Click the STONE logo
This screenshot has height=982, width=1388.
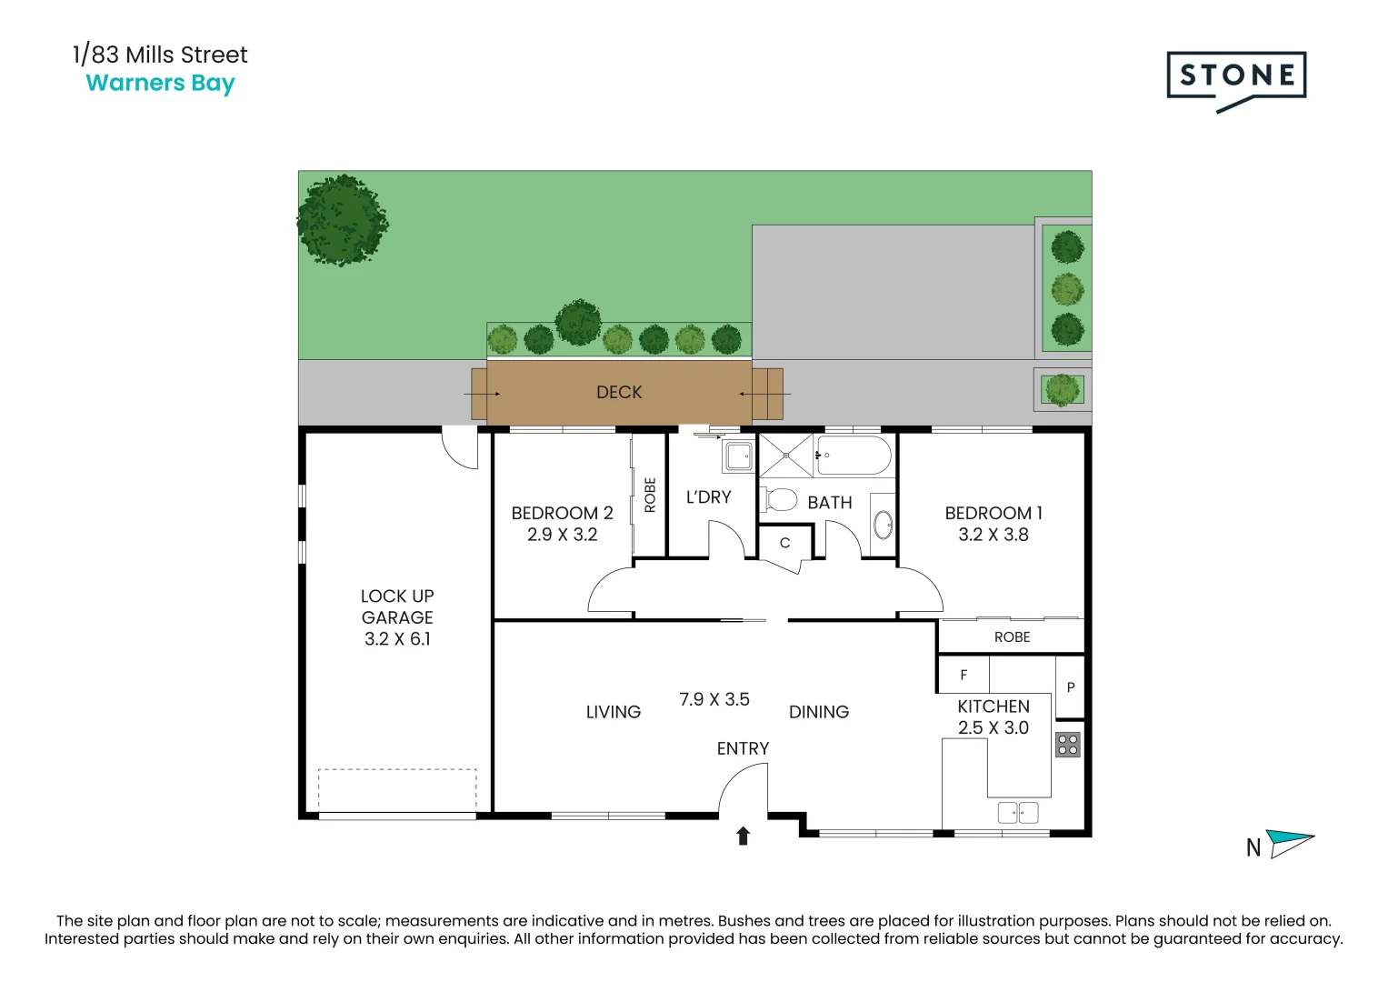tap(1235, 76)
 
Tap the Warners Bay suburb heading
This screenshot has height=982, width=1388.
tap(160, 84)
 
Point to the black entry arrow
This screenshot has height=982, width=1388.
tap(743, 836)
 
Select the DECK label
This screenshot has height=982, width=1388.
tap(619, 392)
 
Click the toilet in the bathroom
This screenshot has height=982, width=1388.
tap(781, 500)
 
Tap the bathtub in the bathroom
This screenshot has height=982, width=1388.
tap(853, 455)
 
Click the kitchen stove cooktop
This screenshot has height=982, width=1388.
tap(1068, 745)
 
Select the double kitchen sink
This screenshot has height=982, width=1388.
tap(1017, 812)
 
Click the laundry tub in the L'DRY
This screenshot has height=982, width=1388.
tap(738, 456)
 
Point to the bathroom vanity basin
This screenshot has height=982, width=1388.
tap(883, 525)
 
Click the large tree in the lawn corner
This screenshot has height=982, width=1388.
tap(342, 220)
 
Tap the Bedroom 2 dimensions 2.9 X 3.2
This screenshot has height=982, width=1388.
tap(562, 535)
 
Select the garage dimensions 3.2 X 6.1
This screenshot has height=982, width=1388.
tap(397, 639)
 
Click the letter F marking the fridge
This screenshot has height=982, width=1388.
tap(964, 675)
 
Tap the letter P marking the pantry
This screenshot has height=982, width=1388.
tap(1070, 687)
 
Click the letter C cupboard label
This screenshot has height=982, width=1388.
tap(784, 543)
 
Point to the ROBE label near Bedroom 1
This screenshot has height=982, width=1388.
tap(1012, 637)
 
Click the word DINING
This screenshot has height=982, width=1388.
tap(818, 712)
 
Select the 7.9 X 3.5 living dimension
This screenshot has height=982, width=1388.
tap(714, 699)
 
